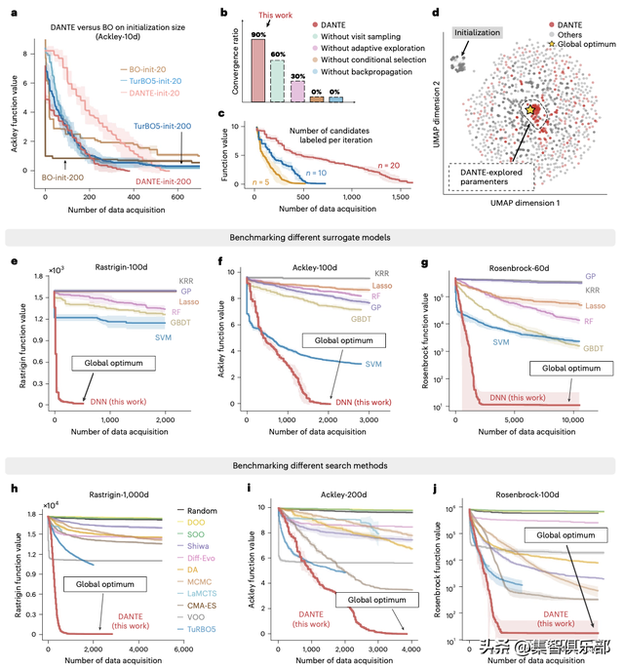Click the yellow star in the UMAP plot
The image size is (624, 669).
[x=530, y=111]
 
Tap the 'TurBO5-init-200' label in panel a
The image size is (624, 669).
[x=164, y=127]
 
